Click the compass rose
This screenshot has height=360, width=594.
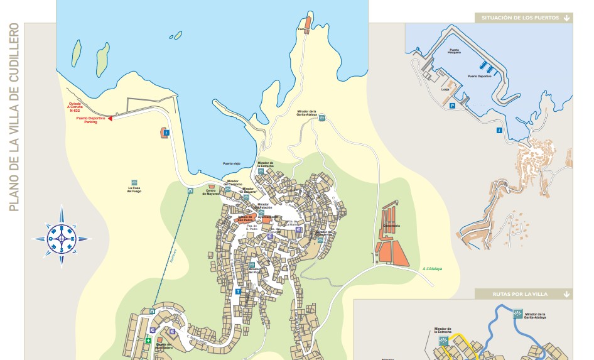coord(61,237)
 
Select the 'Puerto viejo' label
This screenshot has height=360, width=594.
coord(231,163)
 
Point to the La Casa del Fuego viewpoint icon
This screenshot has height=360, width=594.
coord(134,182)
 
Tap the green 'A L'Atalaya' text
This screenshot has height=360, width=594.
coord(432,268)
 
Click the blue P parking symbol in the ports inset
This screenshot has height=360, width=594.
coord(451,107)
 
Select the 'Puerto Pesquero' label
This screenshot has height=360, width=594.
coord(455,52)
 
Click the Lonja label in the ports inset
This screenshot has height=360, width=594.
coord(446,90)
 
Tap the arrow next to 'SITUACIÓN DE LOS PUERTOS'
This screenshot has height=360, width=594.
coord(567,18)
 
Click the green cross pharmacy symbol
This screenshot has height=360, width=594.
coord(148,341)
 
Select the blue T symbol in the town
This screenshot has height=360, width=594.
coord(238,292)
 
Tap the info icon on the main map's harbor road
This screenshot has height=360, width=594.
coord(166,133)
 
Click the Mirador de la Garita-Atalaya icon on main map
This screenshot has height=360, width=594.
coord(321,117)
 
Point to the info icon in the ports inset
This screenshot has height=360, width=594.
coord(499,130)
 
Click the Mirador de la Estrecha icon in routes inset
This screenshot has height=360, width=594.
coord(445,341)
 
